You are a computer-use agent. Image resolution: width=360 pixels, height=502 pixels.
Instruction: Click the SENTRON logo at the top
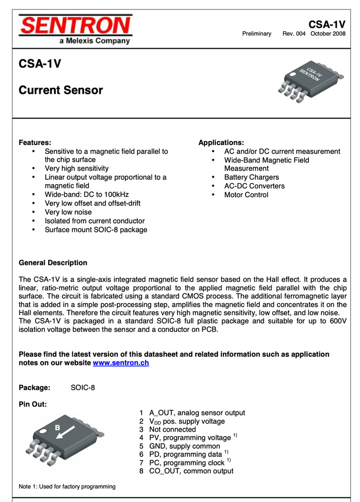coord(75,25)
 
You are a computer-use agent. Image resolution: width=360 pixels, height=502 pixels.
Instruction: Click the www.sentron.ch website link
coord(121,363)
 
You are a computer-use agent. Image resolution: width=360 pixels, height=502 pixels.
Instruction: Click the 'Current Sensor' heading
coord(60,90)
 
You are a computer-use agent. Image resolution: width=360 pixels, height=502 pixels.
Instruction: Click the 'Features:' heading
coord(35,143)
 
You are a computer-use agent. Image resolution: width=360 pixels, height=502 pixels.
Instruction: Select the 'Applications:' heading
coord(221,143)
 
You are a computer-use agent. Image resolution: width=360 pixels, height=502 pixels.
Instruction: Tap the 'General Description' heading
coord(53,263)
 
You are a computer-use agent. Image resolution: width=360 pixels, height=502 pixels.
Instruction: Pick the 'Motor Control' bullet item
coord(246,195)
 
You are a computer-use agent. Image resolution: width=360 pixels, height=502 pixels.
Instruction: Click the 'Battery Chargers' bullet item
coord(251,177)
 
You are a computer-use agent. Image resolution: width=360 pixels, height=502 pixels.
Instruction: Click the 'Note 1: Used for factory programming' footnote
coord(67,486)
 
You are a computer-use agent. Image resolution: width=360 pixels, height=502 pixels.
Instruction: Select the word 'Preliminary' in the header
coord(257,34)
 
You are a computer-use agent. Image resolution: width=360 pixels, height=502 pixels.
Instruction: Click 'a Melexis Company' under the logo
coord(94,41)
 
